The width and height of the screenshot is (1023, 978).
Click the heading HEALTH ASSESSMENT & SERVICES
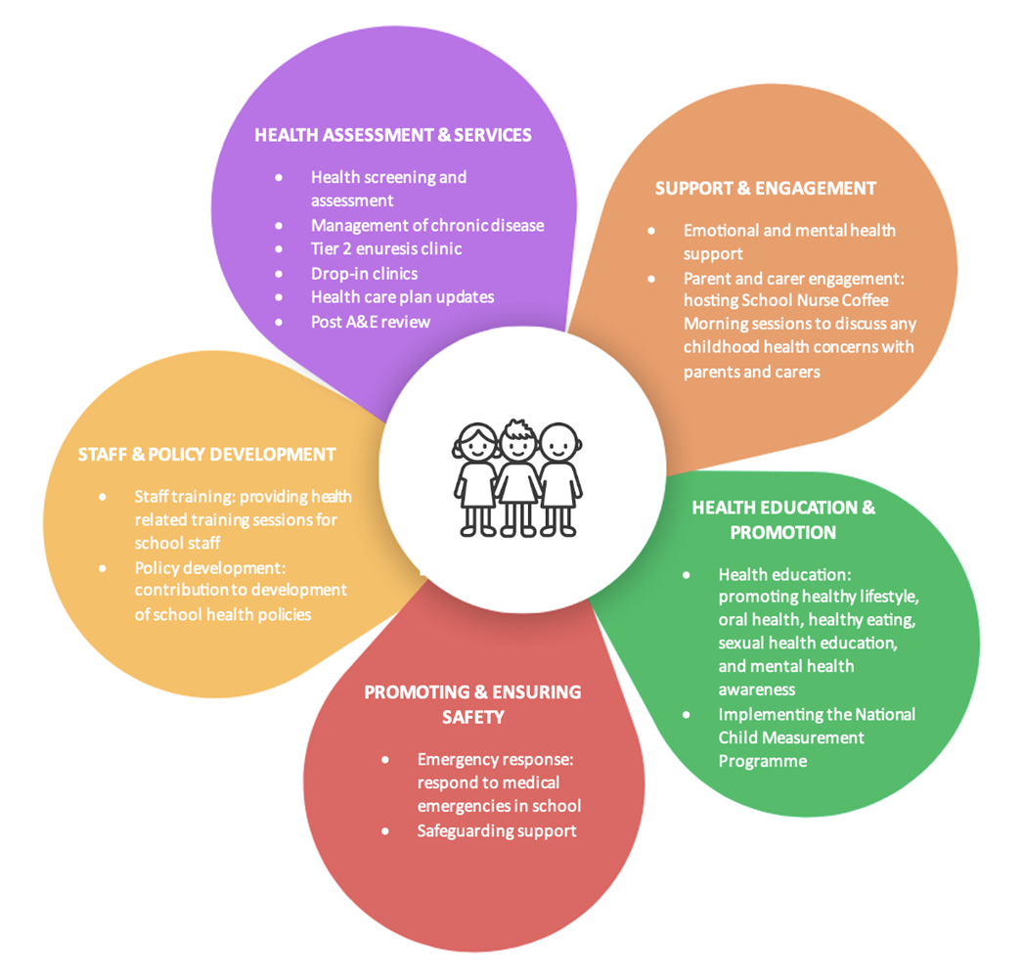click(x=393, y=135)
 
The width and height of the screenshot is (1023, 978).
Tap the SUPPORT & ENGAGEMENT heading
click(x=766, y=188)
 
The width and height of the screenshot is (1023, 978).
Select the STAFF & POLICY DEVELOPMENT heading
click(x=207, y=455)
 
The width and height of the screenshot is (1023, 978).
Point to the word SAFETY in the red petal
click(x=472, y=717)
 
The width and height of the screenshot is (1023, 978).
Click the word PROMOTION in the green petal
click(x=783, y=533)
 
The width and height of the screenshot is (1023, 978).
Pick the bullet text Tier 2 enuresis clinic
click(x=386, y=248)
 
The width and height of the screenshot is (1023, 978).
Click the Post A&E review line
click(x=371, y=321)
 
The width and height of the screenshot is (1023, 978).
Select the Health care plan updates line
click(x=403, y=296)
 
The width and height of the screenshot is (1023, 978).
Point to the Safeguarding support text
click(x=497, y=830)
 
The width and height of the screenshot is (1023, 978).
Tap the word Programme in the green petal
click(x=763, y=761)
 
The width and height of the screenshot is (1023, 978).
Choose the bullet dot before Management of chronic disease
click(x=279, y=225)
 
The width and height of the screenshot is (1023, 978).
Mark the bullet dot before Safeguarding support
click(x=385, y=830)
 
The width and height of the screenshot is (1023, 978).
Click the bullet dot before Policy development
click(x=103, y=567)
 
